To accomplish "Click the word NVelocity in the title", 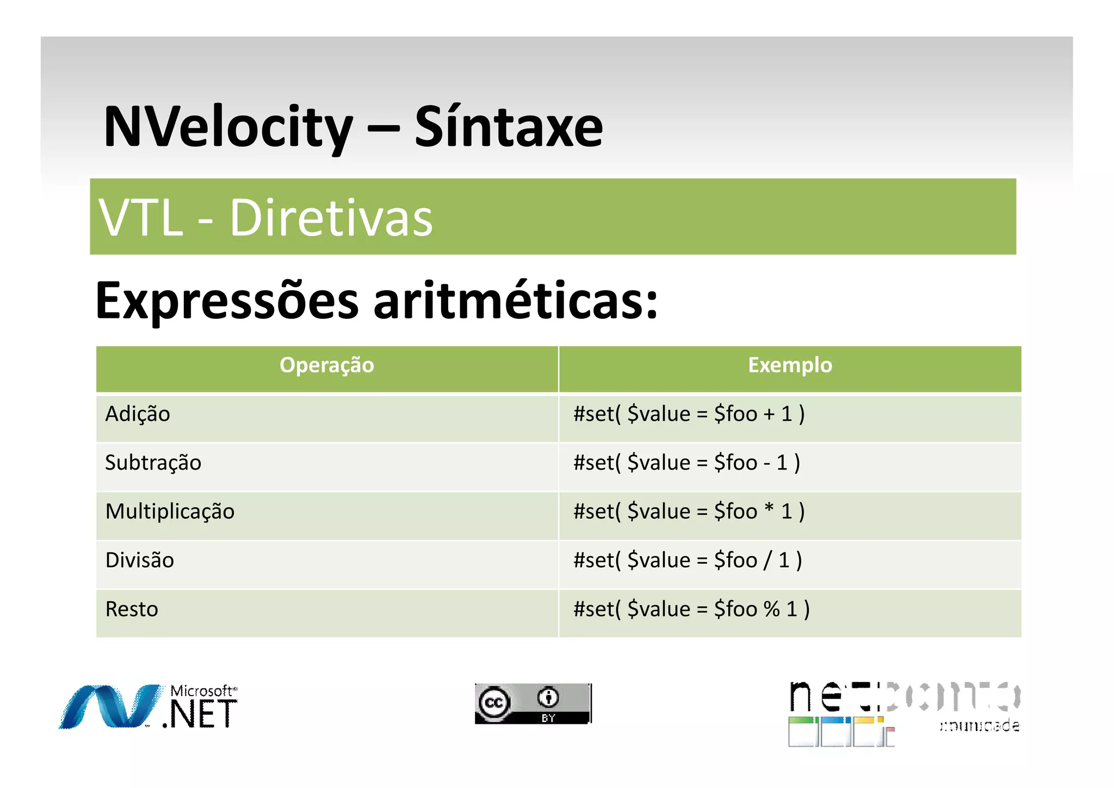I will tap(228, 127).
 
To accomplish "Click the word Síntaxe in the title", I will tap(509, 127).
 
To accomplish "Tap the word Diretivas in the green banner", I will tap(331, 218).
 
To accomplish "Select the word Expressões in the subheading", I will tap(227, 301).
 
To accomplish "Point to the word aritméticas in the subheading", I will tap(516, 301).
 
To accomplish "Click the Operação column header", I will tap(326, 365).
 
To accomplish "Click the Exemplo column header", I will tap(790, 365).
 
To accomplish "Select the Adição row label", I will tap(138, 414).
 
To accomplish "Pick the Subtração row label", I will tap(153, 463).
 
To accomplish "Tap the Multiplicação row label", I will tap(170, 512).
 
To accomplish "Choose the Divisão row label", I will tap(139, 561).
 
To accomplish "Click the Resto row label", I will tap(132, 610).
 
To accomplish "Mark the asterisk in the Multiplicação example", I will tap(769, 509).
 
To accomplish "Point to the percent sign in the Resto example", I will tap(771, 610).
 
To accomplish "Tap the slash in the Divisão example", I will tap(767, 561).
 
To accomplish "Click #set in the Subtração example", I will tap(594, 463).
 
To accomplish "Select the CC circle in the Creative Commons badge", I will tap(494, 703).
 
